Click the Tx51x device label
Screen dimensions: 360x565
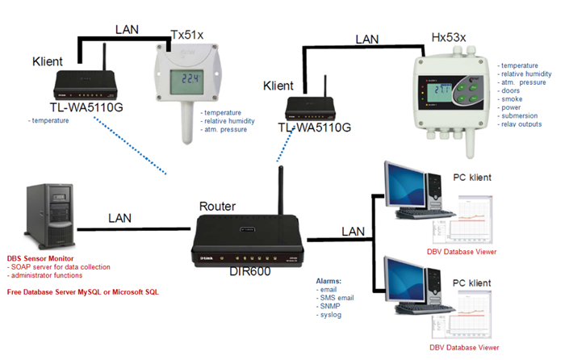188,35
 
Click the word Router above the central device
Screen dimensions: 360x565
219,207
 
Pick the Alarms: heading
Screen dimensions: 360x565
329,281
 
